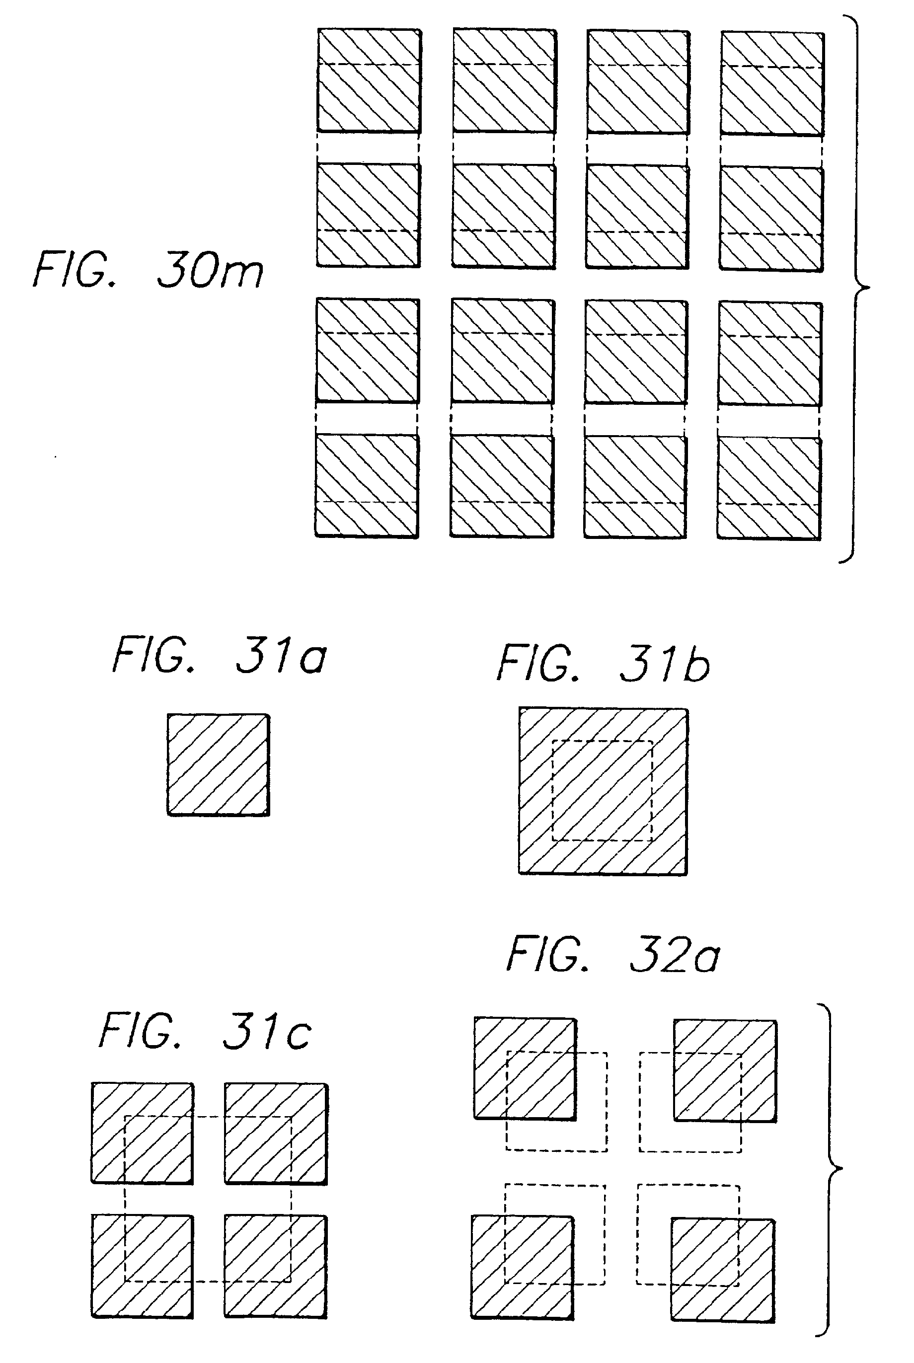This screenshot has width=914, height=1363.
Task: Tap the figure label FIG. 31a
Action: pos(220,656)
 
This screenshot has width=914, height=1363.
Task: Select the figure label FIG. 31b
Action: pos(604,664)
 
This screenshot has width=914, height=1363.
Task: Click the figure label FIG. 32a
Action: pos(613,955)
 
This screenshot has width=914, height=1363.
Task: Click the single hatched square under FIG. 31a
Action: pos(219,764)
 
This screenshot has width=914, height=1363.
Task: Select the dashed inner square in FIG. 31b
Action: pos(602,791)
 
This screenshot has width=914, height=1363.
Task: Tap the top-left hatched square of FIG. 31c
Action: pos(142,1134)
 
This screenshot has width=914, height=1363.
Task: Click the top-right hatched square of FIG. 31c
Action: pos(276,1134)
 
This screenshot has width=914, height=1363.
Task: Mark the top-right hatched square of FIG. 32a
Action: pos(725,1070)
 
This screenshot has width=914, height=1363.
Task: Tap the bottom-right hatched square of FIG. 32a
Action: pos(723,1269)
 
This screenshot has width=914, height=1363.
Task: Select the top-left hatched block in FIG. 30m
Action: pos(369,80)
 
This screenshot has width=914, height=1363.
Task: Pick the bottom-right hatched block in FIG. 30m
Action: pos(769,488)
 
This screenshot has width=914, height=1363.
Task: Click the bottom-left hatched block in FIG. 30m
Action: pos(367,485)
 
